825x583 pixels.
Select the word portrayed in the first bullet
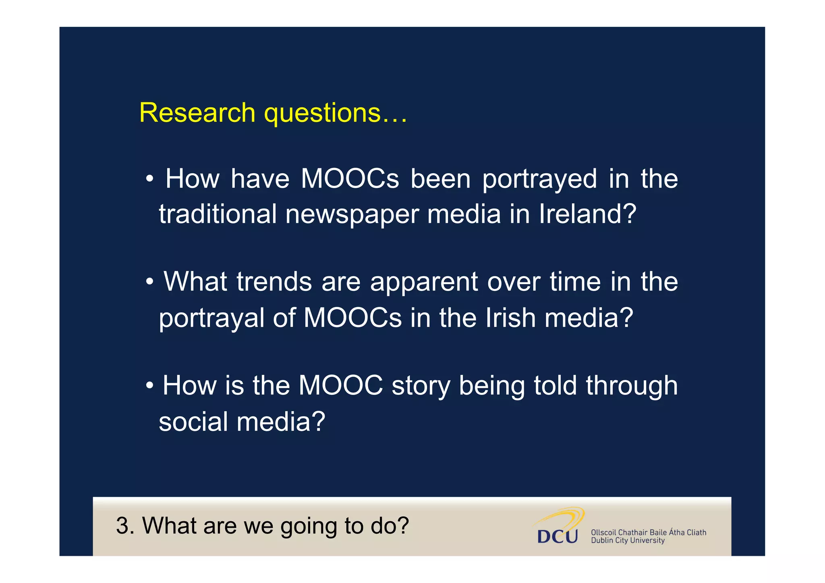coord(539,180)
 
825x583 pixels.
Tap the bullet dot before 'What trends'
coord(149,282)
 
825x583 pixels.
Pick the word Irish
coord(510,318)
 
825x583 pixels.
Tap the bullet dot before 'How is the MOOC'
coord(149,385)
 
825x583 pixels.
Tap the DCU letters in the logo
coord(557,536)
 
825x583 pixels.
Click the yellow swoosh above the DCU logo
coord(564,516)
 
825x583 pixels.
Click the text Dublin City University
coord(627,541)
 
